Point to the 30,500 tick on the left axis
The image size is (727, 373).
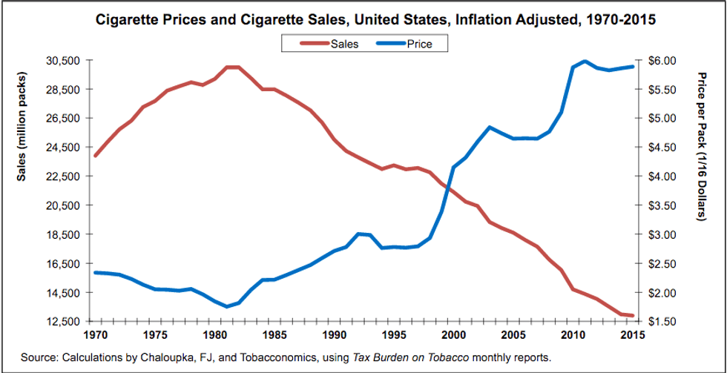click(x=62, y=60)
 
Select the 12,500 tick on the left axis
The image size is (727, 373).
click(x=62, y=322)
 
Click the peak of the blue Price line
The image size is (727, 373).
click(x=585, y=61)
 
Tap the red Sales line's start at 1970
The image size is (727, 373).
click(x=96, y=156)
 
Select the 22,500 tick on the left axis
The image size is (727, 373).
click(x=62, y=176)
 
